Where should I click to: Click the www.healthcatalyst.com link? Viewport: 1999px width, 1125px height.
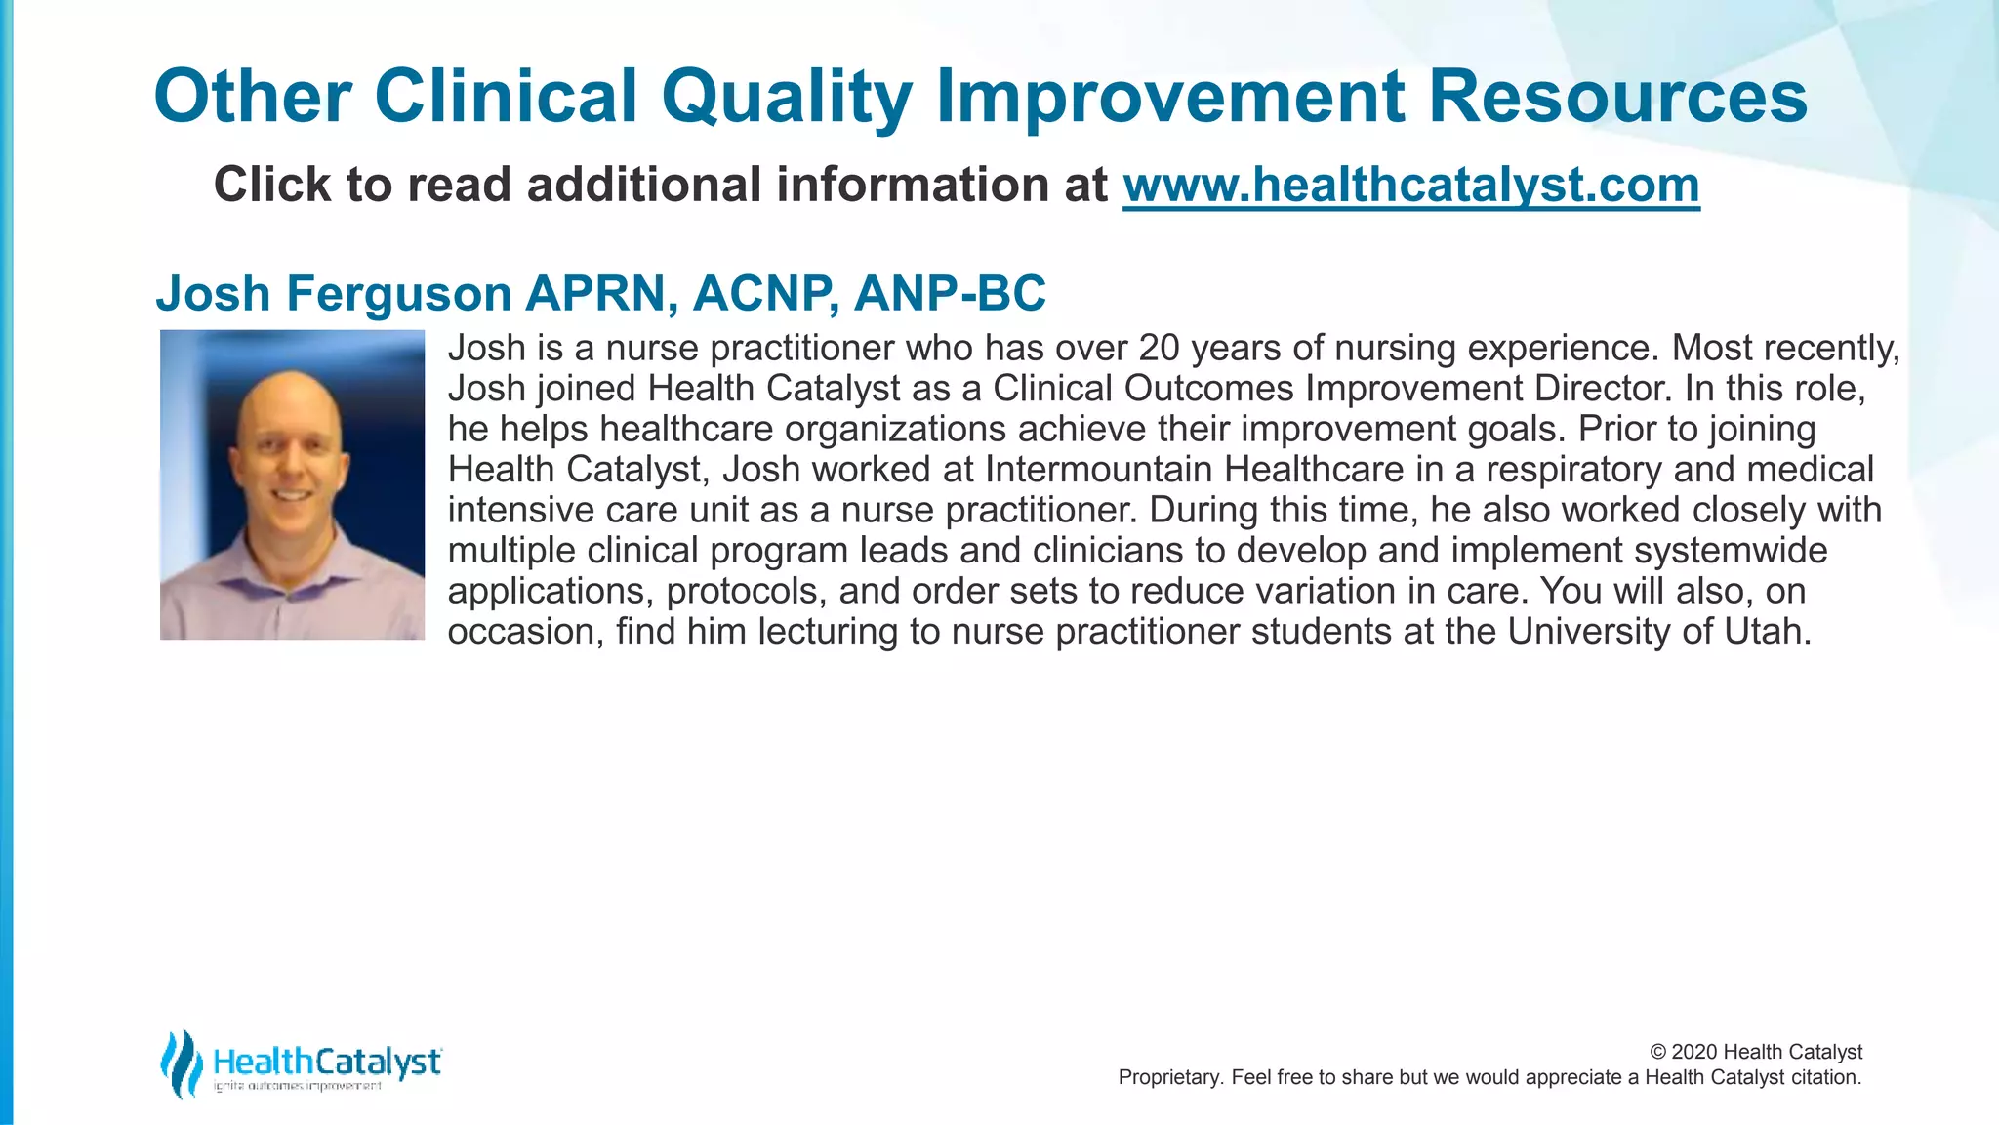[1410, 186]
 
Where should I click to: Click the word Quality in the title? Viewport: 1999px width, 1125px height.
[786, 98]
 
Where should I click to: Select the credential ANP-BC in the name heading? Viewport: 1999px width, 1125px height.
[949, 294]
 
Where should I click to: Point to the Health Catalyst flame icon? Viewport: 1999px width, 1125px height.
[181, 1062]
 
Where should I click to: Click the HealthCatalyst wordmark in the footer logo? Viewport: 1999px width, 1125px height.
[326, 1061]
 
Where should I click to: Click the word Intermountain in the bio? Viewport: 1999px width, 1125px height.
[1099, 470]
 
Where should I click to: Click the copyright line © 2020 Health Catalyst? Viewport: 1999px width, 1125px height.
[1755, 1052]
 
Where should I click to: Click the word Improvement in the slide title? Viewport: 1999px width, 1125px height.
[1170, 98]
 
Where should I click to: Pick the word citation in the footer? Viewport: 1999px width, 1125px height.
[1824, 1077]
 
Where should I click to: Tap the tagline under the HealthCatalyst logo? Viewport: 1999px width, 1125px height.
[297, 1087]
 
